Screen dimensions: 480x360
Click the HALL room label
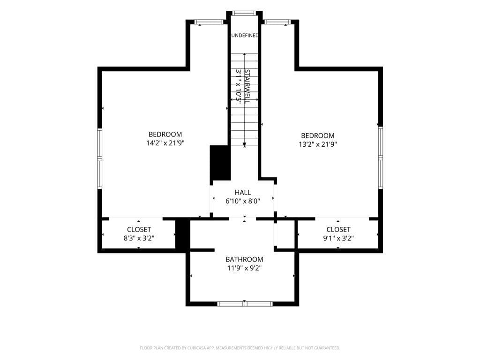point(243,192)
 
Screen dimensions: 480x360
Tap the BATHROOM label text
point(244,259)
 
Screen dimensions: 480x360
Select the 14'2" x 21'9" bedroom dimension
point(165,142)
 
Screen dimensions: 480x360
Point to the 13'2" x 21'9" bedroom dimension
point(318,144)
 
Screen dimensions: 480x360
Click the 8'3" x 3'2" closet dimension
point(139,238)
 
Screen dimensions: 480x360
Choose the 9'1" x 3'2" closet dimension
point(338,238)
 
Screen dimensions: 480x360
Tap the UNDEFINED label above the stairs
point(245,35)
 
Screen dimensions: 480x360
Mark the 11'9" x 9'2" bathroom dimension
point(244,268)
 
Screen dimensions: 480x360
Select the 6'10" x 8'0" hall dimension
point(243,201)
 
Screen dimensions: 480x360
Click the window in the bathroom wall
point(245,304)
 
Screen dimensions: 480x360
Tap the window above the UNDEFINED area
point(244,13)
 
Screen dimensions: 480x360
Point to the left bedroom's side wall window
point(100,158)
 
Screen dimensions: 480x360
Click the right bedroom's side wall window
point(380,157)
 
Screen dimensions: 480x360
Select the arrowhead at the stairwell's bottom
point(245,145)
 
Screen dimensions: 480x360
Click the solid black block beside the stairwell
point(220,163)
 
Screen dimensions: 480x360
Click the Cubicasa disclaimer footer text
point(240,348)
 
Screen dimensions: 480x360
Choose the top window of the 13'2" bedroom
point(277,22)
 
